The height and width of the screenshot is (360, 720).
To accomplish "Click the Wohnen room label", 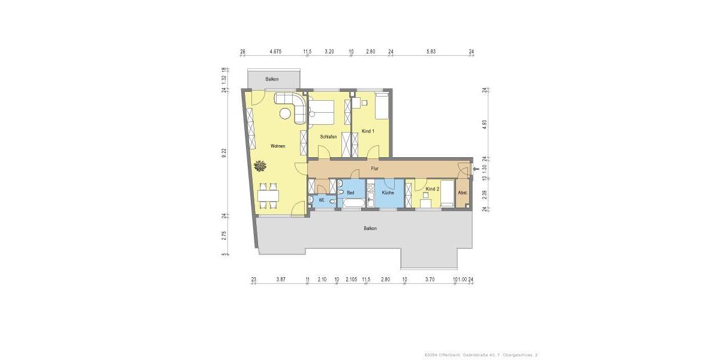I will [277, 146].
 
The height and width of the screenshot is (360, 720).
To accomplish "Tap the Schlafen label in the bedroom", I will [328, 137].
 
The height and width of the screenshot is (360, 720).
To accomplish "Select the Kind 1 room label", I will [368, 131].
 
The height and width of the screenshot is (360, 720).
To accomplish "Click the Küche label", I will [388, 193].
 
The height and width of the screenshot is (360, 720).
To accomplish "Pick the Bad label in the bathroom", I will [351, 193].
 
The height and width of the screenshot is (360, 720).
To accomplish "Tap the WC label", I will [322, 200].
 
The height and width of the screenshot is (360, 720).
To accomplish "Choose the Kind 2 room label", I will [433, 189].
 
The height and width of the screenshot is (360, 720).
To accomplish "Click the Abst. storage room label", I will [463, 193].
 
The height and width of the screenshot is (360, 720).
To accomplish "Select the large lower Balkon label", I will [370, 229].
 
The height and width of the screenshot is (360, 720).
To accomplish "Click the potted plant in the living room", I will [260, 164].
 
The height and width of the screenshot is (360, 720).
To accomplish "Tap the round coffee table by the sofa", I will [284, 113].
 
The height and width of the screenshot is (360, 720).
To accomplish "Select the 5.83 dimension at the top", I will [431, 52].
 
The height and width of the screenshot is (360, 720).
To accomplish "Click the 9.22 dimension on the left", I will [224, 152].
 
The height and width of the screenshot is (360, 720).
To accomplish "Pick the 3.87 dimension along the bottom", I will [280, 280].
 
